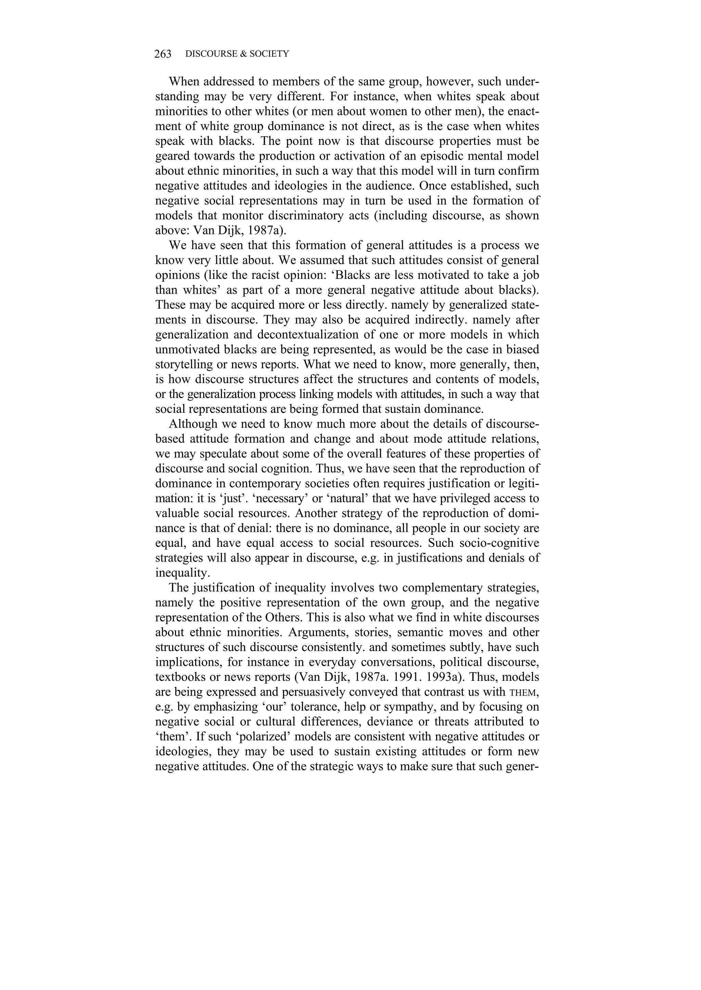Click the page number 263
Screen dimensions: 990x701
pyautogui.click(x=163, y=54)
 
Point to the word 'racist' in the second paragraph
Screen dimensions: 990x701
pyautogui.click(x=267, y=275)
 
